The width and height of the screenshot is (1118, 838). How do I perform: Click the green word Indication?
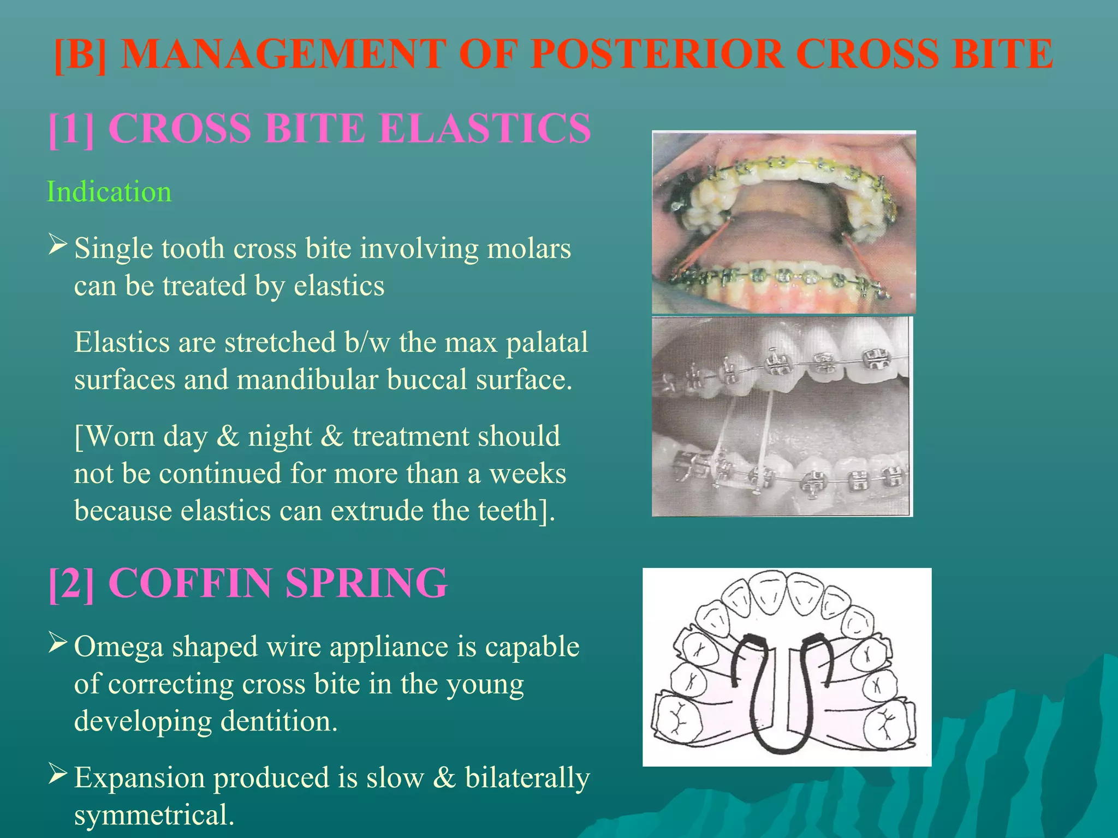(109, 192)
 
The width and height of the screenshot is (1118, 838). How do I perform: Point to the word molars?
(528, 249)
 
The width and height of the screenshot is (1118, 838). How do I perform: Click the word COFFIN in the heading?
(190, 583)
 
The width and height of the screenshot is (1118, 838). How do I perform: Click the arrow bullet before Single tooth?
(57, 244)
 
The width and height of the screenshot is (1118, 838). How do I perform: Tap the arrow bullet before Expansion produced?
(57, 773)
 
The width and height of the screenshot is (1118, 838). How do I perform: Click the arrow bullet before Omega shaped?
(57, 642)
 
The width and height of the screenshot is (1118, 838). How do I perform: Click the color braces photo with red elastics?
(783, 222)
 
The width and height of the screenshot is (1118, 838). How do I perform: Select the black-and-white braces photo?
(782, 416)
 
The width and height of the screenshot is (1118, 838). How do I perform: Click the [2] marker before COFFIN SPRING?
(71, 583)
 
